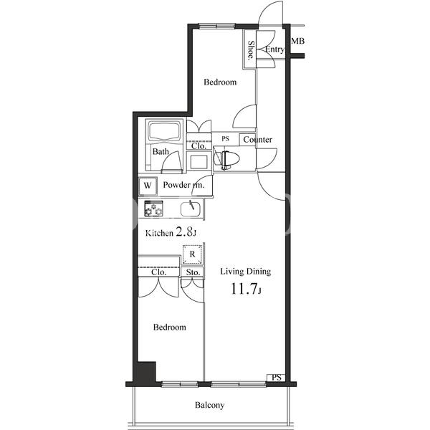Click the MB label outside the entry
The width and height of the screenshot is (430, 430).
[297, 41]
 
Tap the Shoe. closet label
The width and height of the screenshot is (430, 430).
[251, 50]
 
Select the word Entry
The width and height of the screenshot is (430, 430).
[274, 49]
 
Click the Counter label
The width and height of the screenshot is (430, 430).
[257, 140]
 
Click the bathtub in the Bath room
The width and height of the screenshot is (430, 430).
[164, 130]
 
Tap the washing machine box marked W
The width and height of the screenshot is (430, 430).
[148, 186]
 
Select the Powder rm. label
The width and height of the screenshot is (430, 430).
[183, 185]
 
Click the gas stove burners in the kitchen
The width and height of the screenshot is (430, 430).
[153, 209]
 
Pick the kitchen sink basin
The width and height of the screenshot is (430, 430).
[191, 209]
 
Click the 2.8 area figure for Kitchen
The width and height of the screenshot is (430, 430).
[183, 232]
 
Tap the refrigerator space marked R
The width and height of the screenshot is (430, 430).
[192, 254]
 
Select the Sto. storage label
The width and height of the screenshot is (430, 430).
[193, 272]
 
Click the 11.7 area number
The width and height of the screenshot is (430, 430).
[244, 289]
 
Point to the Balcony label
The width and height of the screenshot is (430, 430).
[209, 405]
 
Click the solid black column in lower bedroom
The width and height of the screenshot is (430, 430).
[146, 371]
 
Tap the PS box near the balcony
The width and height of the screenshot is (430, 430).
[276, 378]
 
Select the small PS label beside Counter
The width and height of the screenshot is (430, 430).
[225, 139]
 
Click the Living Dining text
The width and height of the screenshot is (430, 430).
[246, 272]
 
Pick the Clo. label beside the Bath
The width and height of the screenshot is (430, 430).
[199, 146]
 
